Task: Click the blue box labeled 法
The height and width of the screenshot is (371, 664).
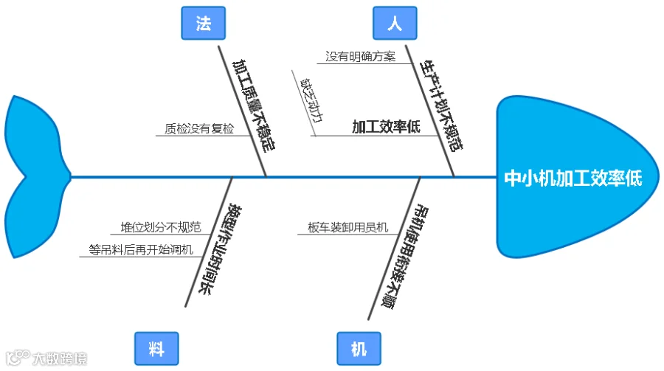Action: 203,24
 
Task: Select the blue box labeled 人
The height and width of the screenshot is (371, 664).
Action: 395,24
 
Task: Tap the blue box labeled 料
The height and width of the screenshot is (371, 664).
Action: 156,349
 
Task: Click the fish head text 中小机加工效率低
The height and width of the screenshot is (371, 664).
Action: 573,178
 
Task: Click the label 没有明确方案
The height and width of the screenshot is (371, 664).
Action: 361,57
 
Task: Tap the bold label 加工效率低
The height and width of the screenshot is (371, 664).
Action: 386,128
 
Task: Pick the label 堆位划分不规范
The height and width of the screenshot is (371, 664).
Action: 161,227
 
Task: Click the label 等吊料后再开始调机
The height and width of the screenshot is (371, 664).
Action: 141,249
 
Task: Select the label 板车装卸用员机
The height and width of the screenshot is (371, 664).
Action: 347,228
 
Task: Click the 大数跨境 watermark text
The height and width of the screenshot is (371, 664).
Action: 59,359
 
